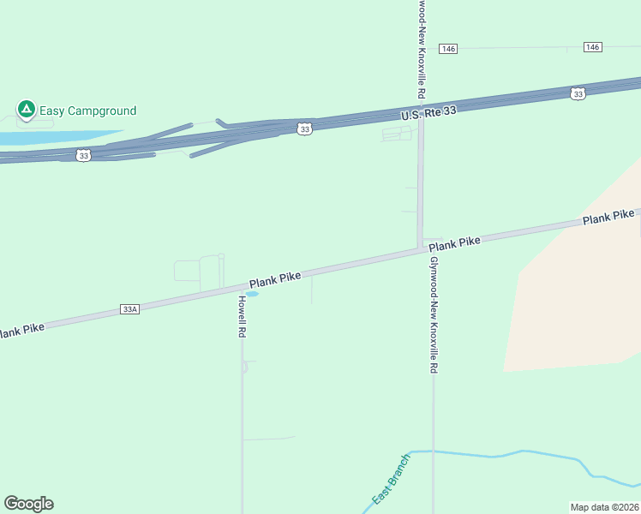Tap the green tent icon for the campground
26,110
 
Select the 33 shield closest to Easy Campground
82,155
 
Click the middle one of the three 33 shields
305,128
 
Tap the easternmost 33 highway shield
578,93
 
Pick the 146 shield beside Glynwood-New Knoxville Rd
448,49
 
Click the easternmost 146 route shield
593,46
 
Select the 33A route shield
129,308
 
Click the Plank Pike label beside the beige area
608,217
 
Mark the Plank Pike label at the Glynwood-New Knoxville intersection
455,242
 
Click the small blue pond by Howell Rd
252,294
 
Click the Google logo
29,504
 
